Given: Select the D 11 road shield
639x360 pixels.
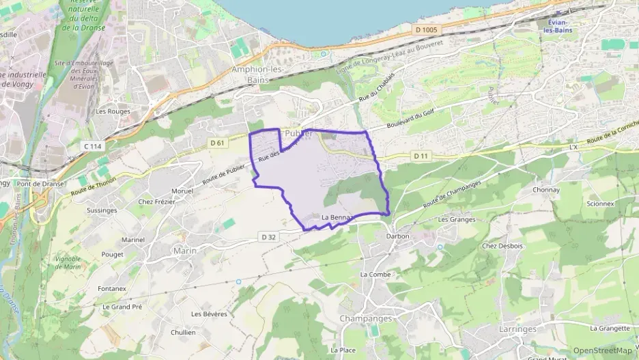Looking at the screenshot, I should [x=421, y=156].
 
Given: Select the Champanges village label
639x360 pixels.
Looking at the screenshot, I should [x=365, y=318].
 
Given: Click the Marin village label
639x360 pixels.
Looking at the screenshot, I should [x=184, y=251].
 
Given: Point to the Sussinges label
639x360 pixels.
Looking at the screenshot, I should [x=102, y=210].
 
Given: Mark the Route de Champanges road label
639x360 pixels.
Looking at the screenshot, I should [x=452, y=195].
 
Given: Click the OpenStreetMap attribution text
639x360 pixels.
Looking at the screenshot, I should [x=602, y=350].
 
